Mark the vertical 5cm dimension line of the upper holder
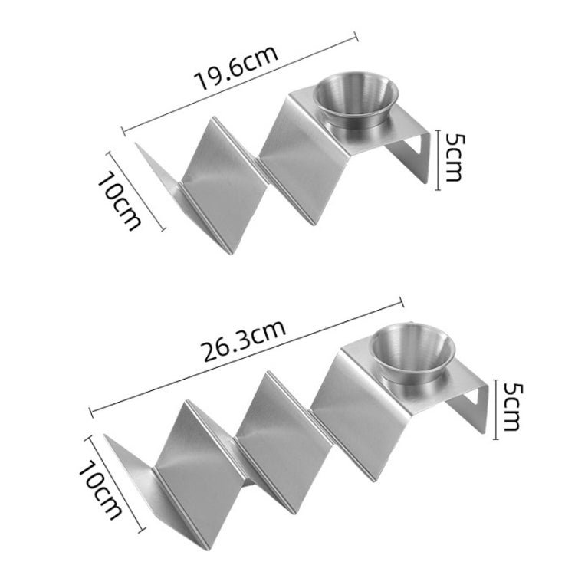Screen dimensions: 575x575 (x=437, y=159)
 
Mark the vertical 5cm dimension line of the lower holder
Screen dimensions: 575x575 (x=496, y=406)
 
